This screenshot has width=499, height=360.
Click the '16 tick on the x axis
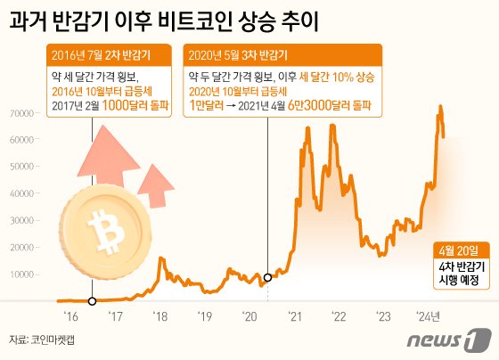[70, 315]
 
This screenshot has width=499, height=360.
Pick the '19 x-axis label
[204, 315]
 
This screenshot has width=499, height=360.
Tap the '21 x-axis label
[294, 315]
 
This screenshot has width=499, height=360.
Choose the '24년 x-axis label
[432, 315]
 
